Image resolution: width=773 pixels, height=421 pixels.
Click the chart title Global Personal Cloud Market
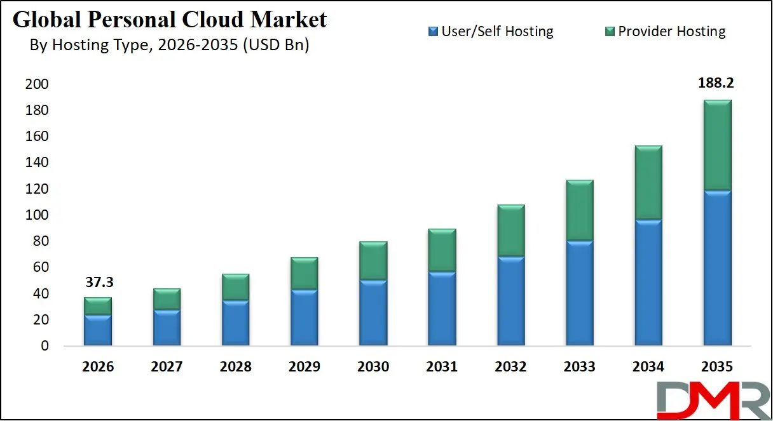coord(170,20)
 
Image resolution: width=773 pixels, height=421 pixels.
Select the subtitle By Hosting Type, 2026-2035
coord(169,46)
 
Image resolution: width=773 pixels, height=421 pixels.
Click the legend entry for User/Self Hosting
coord(490,31)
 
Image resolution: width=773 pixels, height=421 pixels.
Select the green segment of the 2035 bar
coord(717,145)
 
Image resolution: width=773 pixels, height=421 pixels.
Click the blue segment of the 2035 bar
coord(717,268)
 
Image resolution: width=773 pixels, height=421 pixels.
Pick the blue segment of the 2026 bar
coord(98,330)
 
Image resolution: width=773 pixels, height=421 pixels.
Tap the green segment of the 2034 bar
coord(648,183)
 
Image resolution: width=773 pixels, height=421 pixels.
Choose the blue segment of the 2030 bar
coord(373,312)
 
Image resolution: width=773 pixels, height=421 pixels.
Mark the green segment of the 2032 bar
coord(510,231)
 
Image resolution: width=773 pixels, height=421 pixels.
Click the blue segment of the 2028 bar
coord(235,323)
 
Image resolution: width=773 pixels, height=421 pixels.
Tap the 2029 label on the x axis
coord(304,367)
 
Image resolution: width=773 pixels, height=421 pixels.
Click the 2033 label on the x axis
coord(579,367)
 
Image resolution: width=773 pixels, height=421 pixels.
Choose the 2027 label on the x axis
coord(167,367)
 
